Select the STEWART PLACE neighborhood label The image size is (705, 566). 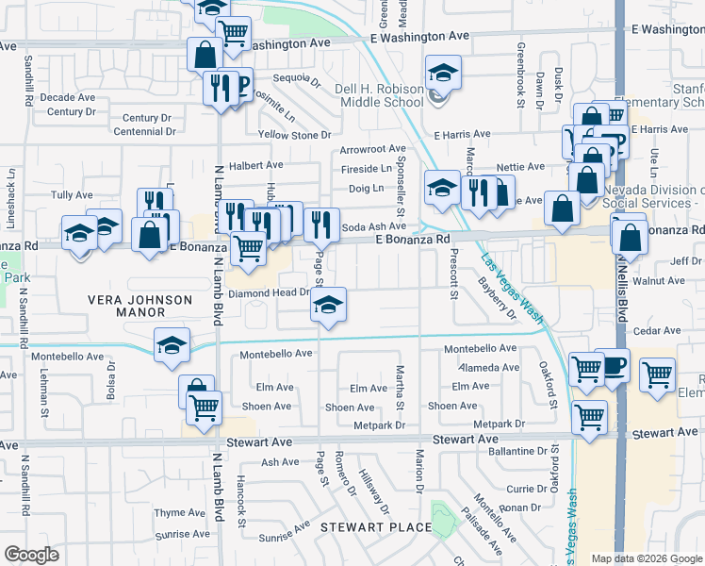coord(375,526)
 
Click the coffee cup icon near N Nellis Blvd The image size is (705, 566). coord(615,364)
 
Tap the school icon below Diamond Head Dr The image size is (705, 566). coord(328,304)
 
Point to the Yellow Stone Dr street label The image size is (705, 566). coord(294,135)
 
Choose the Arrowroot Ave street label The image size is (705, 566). coord(372,149)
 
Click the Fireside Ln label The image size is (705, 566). coord(366,169)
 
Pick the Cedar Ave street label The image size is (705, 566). coord(657,331)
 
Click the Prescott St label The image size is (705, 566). coord(453,280)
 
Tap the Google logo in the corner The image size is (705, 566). coord(31,555)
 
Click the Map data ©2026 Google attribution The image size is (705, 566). coord(647,558)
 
